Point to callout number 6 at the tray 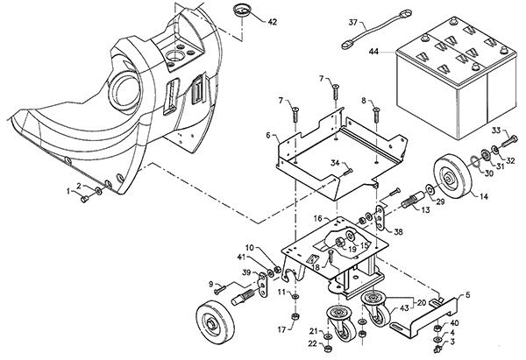coord(269,136)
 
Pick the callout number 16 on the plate coord(295,217)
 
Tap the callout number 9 coord(211,283)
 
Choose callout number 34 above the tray coord(334,162)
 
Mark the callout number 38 coord(398,233)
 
